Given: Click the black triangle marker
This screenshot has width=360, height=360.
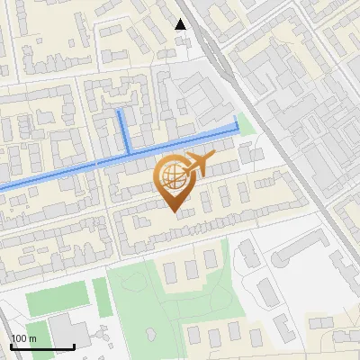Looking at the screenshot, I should (181, 24).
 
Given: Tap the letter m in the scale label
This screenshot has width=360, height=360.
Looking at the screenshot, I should (33, 338).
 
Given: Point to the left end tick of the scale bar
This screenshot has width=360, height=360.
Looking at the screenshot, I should (11, 346).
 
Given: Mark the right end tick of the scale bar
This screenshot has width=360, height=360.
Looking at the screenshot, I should (74, 346).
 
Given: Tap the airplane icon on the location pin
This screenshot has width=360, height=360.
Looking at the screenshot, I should (195, 165).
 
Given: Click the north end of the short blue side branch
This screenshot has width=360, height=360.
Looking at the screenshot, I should (121, 112).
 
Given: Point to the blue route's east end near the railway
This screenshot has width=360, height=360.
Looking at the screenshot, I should (238, 119).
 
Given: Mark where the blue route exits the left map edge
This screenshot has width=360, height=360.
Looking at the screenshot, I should (1, 188).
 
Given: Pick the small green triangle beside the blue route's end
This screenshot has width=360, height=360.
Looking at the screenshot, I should (247, 126).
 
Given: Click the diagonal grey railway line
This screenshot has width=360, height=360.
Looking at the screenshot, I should (270, 135).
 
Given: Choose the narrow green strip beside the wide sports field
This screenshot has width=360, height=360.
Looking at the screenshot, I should (103, 297).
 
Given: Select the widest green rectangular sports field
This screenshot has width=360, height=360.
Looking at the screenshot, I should (58, 298).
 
